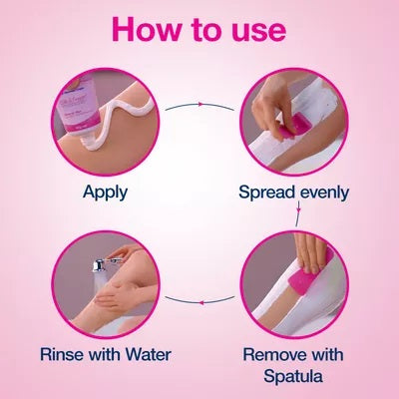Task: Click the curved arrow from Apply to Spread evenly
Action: tap(200, 104)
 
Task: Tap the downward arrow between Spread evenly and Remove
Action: tap(298, 210)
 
